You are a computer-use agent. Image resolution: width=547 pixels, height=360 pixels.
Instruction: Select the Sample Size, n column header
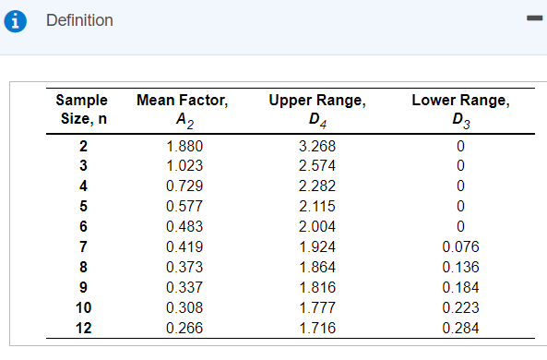[81, 109]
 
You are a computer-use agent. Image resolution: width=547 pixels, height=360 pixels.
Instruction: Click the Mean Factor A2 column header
[182, 109]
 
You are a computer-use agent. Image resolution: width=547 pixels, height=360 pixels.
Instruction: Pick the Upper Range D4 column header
[317, 109]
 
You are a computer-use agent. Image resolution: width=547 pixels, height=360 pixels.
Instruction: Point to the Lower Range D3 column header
[459, 109]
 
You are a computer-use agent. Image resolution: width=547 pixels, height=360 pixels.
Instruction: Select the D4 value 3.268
[317, 146]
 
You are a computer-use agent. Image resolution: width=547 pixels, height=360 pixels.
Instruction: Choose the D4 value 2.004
[317, 226]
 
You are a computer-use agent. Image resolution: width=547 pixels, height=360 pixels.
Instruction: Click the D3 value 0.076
[460, 246]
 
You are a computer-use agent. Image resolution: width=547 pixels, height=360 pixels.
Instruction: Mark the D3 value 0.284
[460, 327]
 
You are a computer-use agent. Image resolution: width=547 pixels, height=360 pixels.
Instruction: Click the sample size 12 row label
[82, 327]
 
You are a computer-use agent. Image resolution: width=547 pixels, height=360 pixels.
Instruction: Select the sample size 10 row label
[82, 306]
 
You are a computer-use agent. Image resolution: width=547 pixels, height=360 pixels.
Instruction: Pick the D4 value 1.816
[317, 287]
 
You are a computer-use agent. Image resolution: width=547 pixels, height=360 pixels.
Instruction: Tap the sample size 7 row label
[82, 246]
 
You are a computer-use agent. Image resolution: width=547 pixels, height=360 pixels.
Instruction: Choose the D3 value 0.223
[460, 306]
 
